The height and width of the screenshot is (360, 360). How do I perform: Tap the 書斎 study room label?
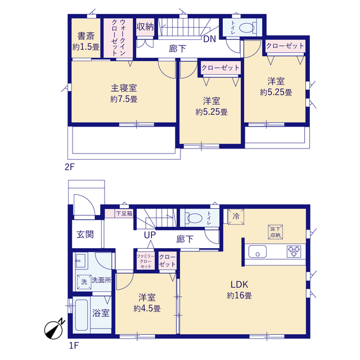[86, 36]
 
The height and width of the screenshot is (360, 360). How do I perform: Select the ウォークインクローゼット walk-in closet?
[118, 38]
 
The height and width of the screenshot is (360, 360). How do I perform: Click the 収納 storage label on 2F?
[145, 27]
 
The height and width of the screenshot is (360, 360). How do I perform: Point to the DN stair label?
[210, 39]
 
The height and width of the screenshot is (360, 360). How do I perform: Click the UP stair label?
[150, 235]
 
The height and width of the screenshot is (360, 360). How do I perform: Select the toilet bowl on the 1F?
[193, 218]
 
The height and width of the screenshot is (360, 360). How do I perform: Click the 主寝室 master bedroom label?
[124, 88]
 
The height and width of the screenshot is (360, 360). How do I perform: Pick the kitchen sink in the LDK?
[258, 251]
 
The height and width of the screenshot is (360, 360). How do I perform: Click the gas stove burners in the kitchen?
[294, 251]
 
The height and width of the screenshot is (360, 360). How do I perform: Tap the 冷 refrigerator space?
[236, 217]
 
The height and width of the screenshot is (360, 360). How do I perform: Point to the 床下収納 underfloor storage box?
[275, 232]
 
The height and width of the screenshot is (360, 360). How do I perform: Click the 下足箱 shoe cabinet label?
[124, 214]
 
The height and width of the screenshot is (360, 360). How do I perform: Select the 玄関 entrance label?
[85, 235]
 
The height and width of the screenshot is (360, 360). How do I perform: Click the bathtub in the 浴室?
[82, 314]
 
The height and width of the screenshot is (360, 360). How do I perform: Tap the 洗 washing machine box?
[84, 282]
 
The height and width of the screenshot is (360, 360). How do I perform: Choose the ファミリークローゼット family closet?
[146, 261]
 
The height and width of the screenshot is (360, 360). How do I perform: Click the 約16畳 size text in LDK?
[239, 295]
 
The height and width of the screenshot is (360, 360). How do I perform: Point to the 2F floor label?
[70, 167]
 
